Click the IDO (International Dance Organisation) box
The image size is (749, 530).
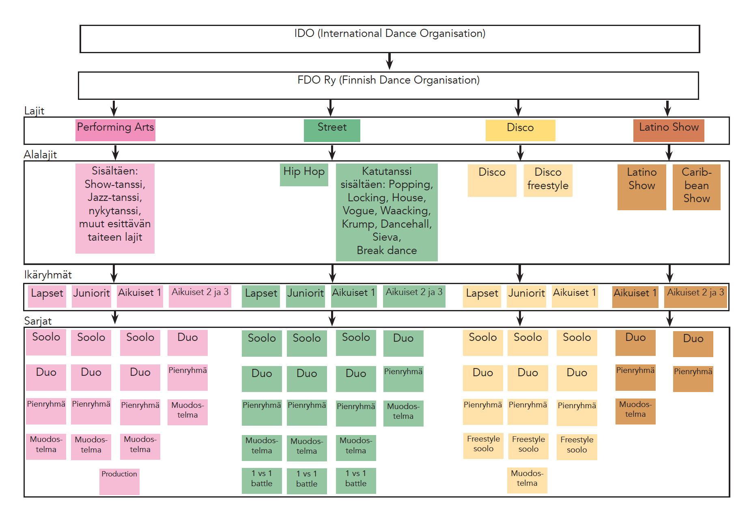tap(390, 39)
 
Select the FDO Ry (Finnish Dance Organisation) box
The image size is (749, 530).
tap(388, 86)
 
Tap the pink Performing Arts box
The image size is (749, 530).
tap(115, 130)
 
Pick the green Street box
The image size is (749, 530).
tap(332, 130)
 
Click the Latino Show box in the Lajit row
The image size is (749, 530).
tap(669, 130)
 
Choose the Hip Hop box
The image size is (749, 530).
tap(304, 175)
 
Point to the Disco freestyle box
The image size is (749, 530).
tap(548, 180)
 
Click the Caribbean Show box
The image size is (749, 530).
tap(696, 187)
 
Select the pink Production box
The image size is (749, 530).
tap(119, 482)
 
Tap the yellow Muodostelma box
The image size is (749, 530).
tap(527, 480)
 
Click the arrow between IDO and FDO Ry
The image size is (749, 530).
tap(390, 62)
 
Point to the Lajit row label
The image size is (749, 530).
tap(34, 111)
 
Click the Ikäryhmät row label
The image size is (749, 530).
tap(48, 275)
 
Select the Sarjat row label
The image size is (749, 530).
tap(38, 321)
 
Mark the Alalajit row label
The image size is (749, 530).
tap(40, 155)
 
